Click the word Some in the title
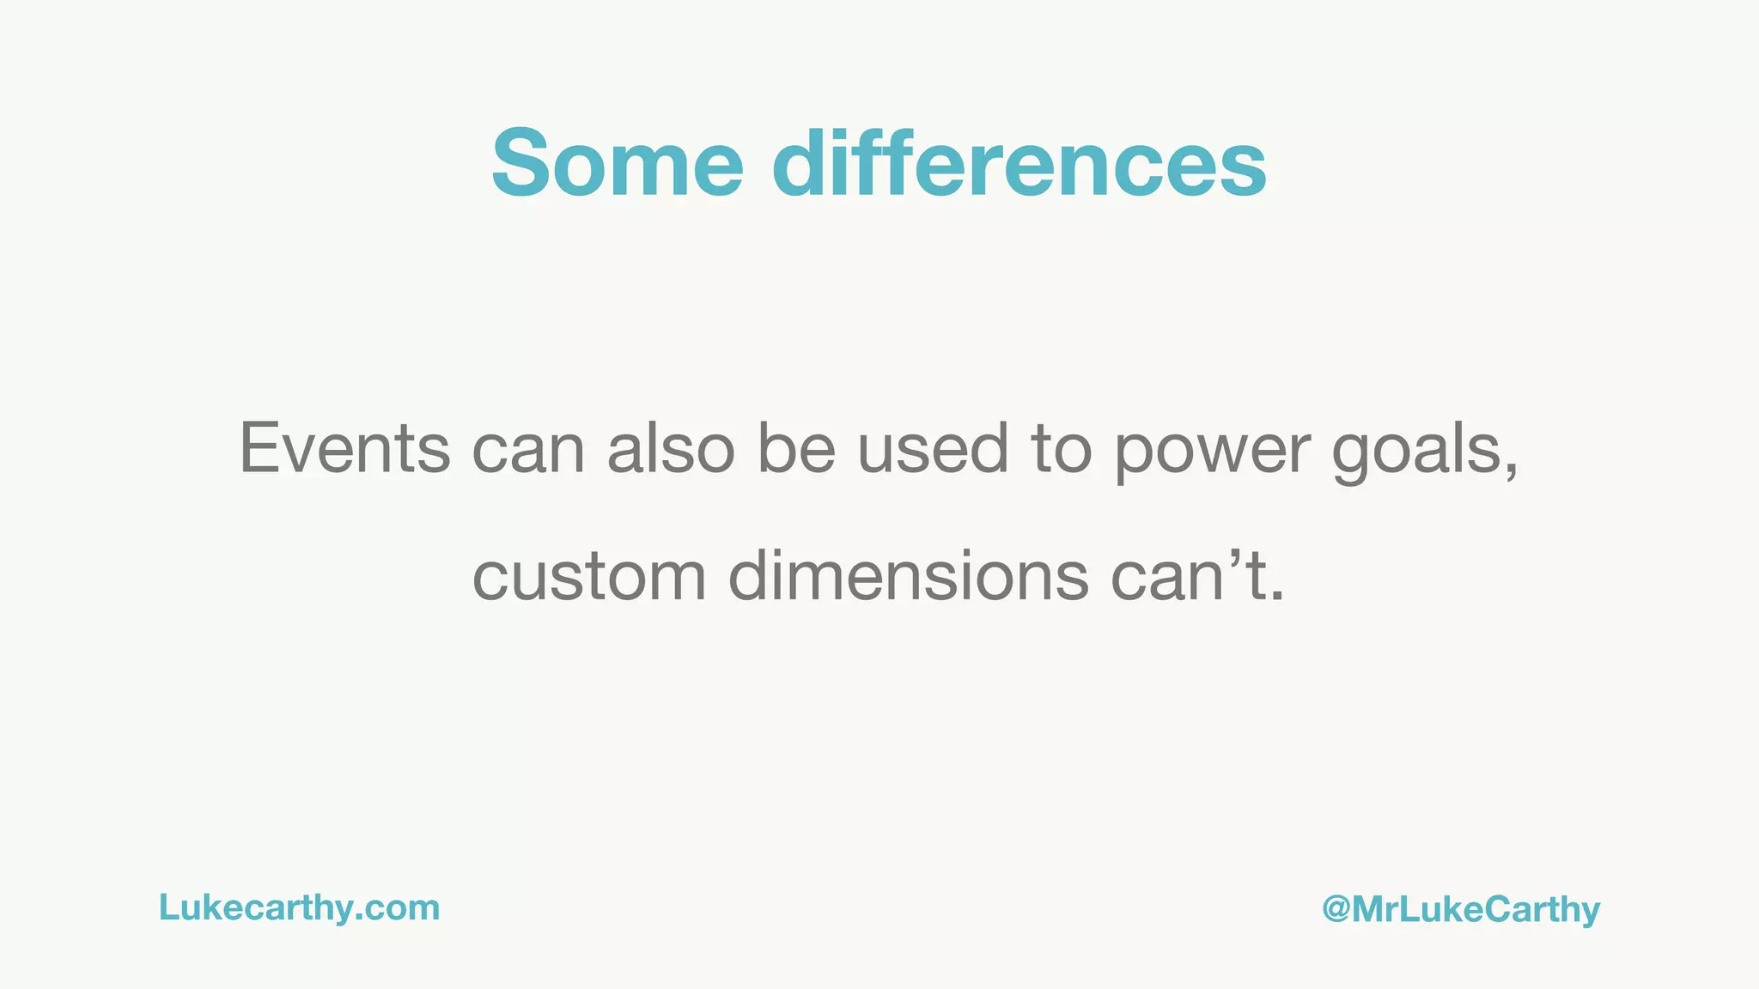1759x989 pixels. click(x=617, y=163)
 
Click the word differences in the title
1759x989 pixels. click(x=1019, y=163)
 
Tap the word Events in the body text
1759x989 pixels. click(x=344, y=448)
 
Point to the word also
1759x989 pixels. click(x=671, y=448)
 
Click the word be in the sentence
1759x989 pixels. click(x=796, y=448)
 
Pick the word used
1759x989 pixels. click(x=933, y=448)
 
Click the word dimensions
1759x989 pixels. click(x=909, y=575)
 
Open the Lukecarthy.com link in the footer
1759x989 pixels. click(x=299, y=908)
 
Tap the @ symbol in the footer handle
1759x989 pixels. click(x=1336, y=909)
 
